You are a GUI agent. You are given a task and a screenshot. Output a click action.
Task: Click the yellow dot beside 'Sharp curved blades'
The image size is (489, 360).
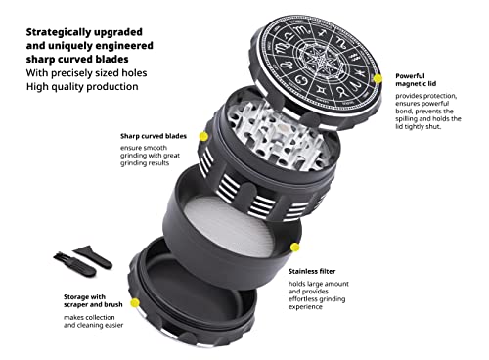point(203,136)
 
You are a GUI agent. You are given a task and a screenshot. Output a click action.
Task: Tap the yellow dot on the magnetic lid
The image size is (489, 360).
point(378,78)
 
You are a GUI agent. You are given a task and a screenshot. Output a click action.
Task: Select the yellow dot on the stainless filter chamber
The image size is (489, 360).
point(295,247)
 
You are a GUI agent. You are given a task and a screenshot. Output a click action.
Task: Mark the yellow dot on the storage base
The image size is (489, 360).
point(135,303)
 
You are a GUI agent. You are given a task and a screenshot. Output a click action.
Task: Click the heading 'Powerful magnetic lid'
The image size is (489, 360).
point(416,80)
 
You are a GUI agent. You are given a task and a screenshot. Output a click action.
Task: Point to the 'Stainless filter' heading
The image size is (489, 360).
point(312,271)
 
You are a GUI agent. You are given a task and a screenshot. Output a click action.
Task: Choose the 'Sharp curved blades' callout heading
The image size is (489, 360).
point(154,136)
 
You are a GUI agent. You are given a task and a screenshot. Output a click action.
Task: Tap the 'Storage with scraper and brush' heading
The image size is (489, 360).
point(93,300)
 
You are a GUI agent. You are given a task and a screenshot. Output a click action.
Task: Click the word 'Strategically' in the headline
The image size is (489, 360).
point(57,32)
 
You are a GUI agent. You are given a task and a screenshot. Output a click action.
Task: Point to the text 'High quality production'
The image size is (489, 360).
point(82,87)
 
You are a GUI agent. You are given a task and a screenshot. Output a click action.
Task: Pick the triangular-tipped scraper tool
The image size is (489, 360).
point(94,256)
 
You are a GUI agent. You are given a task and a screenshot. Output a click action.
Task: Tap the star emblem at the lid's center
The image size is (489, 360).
point(321,60)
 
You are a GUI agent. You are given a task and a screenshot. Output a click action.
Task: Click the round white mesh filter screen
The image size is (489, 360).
point(229,226)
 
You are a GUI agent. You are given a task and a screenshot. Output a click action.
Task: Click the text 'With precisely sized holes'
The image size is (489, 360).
point(86,73)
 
